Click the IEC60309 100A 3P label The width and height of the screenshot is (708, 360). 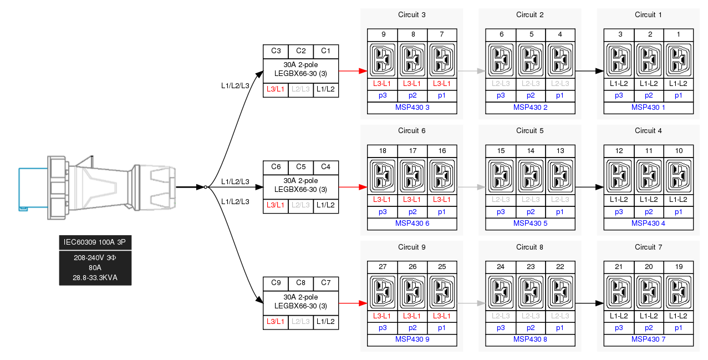(95, 242)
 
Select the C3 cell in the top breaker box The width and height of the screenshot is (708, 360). (276, 51)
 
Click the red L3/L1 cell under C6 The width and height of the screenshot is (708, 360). (276, 205)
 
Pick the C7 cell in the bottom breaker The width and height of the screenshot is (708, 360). (325, 283)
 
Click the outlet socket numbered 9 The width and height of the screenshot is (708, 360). (383, 59)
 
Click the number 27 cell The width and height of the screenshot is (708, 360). (383, 267)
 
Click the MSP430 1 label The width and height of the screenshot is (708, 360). (648, 108)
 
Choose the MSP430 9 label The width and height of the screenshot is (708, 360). (411, 339)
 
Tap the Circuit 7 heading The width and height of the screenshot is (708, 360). (648, 247)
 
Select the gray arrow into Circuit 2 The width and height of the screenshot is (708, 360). (471, 72)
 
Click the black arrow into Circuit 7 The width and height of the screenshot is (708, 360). (589, 303)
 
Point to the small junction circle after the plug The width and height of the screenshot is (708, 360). (206, 187)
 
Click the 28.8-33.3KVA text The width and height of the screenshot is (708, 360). (95, 277)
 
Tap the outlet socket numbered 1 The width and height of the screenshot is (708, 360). (678, 59)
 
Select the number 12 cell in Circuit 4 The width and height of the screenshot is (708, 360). (619, 151)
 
